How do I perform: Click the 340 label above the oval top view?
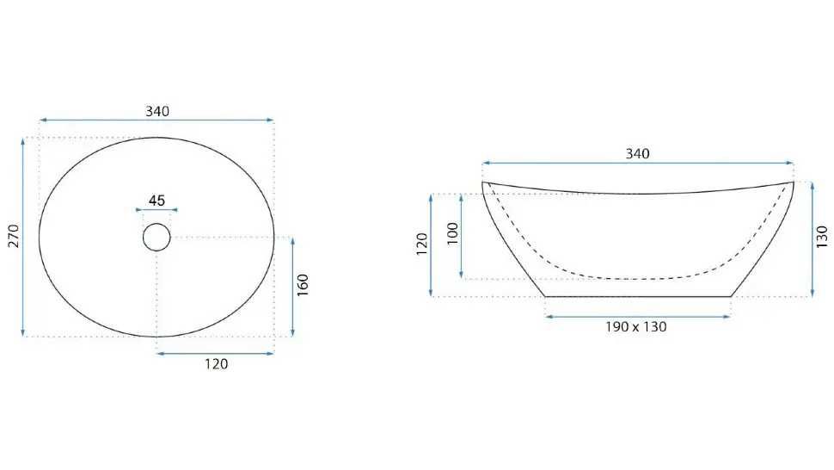157,111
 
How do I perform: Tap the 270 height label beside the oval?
14,237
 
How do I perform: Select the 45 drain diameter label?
156,201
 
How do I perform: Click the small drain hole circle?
156,237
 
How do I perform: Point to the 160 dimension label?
302,285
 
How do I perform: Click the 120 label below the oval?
217,364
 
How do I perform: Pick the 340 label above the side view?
637,154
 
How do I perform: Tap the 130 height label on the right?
822,238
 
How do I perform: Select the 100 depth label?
452,233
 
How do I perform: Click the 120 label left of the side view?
422,244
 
